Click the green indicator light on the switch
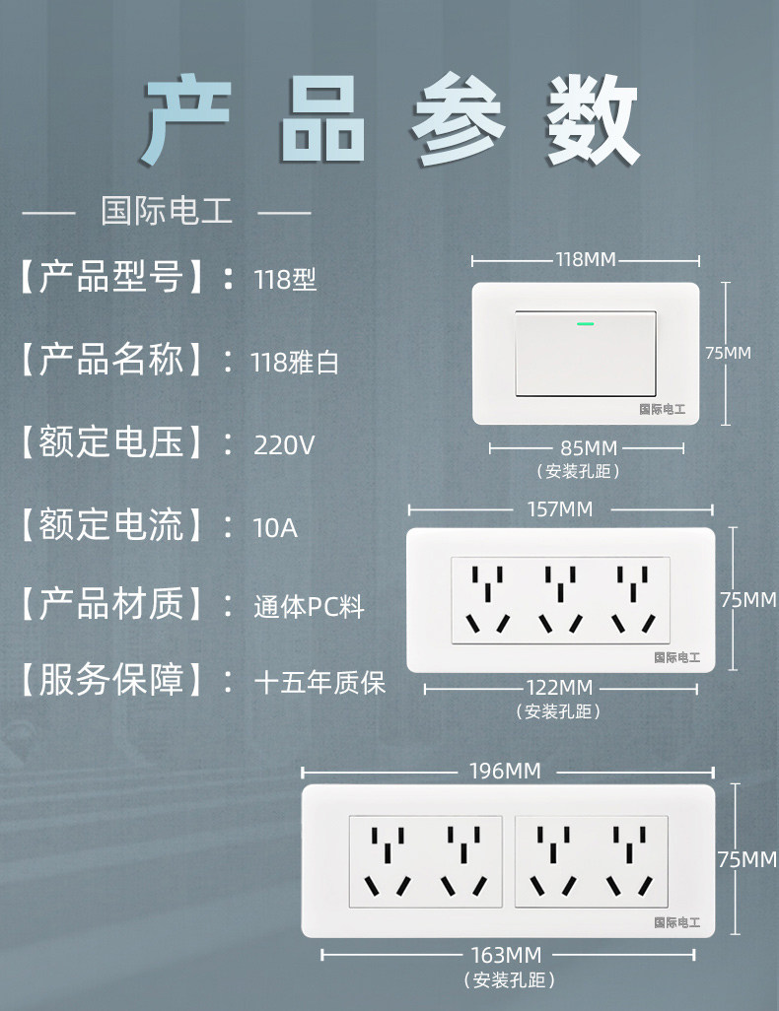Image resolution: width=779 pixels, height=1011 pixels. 585,321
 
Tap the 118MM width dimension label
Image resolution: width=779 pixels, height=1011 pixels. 586,260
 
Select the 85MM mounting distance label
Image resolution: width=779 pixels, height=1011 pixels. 587,448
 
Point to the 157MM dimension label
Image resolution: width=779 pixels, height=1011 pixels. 560,509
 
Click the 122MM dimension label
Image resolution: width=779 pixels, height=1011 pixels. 559,687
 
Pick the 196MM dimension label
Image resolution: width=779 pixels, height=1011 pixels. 508,771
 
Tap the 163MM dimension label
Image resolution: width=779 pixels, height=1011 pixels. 507,955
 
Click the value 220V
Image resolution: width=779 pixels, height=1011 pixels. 284,445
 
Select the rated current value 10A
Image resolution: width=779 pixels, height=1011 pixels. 274,527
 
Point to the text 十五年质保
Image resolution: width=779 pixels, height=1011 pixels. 319,682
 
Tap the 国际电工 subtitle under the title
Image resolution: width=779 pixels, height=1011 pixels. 167,211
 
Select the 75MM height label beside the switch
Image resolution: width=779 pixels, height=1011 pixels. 728,352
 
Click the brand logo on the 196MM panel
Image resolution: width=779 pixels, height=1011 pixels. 676,923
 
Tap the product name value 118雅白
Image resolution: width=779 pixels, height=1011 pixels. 296,363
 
